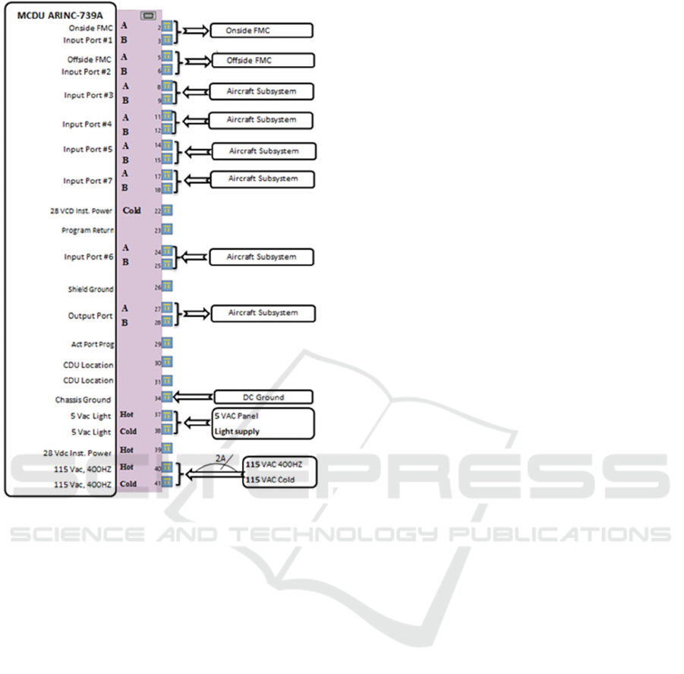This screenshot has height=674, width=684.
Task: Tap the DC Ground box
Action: coord(262,397)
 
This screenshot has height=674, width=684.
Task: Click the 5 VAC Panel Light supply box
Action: coord(263,423)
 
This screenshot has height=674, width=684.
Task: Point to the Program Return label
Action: coord(87,229)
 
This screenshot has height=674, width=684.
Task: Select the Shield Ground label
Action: coord(90,289)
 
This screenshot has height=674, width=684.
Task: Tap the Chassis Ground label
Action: coord(83,400)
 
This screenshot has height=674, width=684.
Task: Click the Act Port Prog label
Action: coord(92,344)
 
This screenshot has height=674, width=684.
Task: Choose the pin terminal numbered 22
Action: coord(167,210)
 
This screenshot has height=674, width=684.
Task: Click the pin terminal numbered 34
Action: coord(167,397)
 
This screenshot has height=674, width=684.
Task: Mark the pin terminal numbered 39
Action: coord(167,449)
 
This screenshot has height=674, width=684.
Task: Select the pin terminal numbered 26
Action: coord(167,286)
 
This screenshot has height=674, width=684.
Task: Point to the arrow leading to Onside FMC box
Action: coord(194,31)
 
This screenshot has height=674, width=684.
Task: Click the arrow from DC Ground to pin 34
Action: coord(193,397)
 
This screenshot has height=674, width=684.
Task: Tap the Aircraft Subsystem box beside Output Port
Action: coord(262,313)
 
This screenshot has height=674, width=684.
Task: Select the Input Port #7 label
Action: coord(88,181)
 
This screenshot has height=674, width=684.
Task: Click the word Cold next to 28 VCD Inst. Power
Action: coord(131,210)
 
